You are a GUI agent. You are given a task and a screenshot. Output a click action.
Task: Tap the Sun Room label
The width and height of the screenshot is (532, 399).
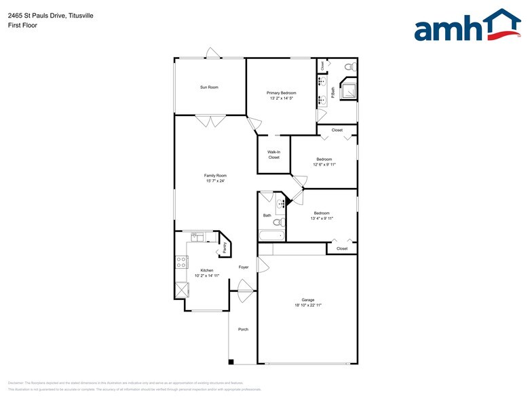(209, 87)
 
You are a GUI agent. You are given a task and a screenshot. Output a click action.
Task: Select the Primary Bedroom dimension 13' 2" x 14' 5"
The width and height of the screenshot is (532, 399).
(281, 98)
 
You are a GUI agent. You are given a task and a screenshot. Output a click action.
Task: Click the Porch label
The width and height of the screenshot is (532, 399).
(243, 329)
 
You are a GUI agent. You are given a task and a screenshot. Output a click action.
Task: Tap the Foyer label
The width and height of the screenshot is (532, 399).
(243, 267)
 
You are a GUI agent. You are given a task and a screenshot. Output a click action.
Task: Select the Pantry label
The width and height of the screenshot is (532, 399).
(225, 248)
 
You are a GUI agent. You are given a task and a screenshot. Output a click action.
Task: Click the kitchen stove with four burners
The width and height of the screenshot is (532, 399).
(181, 261)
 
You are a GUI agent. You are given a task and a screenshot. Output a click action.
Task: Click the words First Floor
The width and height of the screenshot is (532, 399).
(23, 25)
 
